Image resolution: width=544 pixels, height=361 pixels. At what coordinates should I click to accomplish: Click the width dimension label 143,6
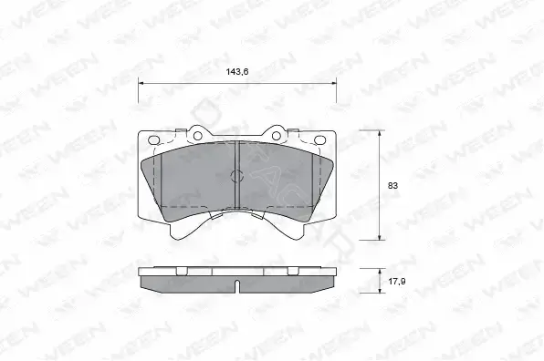tap(237, 72)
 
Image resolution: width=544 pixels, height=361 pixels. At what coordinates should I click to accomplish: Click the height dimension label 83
tap(392, 186)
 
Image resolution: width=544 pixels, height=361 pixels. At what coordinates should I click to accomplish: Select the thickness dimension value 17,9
tap(396, 282)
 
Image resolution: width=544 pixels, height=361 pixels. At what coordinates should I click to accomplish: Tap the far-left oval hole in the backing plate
tap(153, 140)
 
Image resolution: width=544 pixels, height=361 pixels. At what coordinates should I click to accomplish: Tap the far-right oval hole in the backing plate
tap(319, 140)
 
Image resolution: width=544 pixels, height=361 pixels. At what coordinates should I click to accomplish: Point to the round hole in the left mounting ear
tap(198, 136)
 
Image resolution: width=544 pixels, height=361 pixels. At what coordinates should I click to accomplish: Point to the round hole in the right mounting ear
tap(277, 136)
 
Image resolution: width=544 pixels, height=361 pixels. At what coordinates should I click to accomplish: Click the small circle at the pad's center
tap(237, 176)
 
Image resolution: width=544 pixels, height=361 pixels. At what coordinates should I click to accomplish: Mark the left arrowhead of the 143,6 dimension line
tap(141, 83)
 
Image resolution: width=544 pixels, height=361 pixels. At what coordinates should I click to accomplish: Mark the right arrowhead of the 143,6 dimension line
tap(334, 83)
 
